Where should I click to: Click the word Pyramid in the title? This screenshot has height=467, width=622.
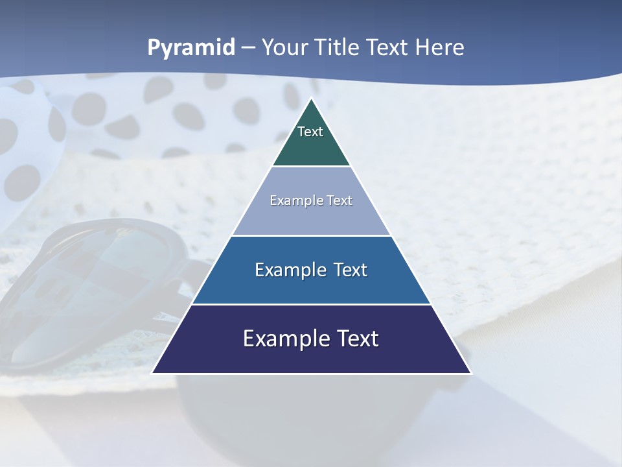tap(191, 48)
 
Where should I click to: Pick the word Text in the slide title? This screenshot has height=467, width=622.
tap(387, 48)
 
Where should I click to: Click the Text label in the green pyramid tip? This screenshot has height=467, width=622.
tap(310, 132)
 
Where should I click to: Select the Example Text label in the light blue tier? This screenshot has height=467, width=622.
tap(311, 200)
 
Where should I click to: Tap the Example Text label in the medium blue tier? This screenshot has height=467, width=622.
tap(311, 270)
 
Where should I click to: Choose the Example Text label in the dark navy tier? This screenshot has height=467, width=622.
tap(311, 339)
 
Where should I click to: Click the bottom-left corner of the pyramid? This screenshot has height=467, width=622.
tap(153, 373)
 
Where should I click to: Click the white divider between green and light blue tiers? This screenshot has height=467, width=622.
tap(311, 167)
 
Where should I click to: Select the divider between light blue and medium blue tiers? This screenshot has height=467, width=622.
tap(311, 235)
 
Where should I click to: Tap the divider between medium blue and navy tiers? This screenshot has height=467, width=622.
tap(311, 304)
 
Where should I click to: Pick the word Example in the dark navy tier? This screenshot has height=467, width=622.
tap(281, 339)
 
